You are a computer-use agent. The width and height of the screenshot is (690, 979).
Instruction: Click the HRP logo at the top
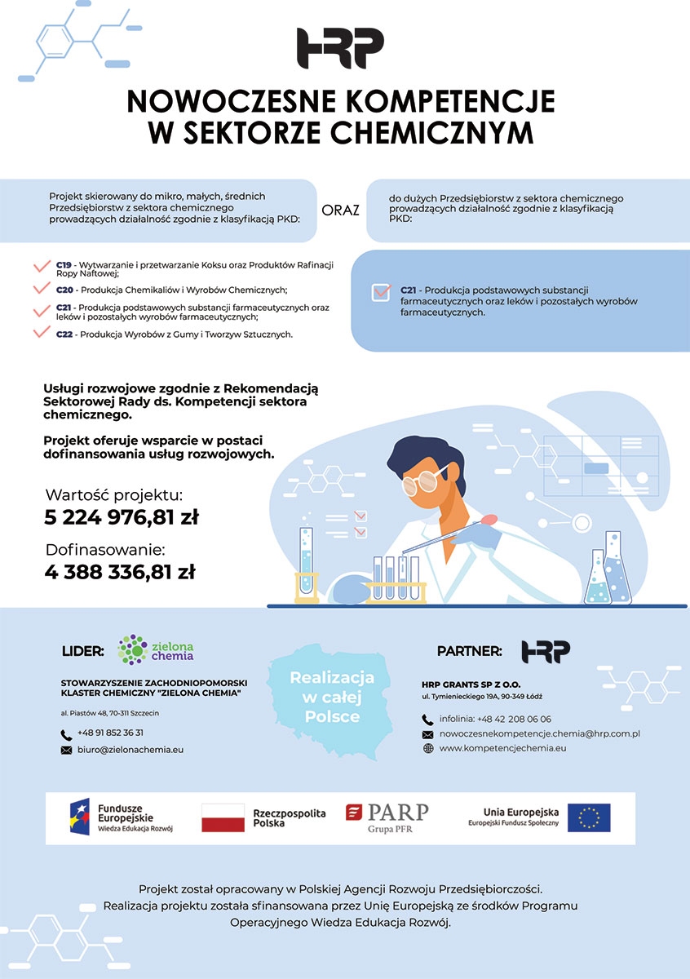[340, 48]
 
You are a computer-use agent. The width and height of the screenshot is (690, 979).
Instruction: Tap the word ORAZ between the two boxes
[341, 210]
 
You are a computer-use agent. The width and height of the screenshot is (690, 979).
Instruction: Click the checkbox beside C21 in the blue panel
[380, 292]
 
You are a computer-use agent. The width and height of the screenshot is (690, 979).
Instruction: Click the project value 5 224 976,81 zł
[122, 517]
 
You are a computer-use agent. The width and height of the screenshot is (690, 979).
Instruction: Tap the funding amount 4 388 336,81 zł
[120, 572]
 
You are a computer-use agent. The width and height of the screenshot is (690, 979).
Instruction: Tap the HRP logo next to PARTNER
[546, 651]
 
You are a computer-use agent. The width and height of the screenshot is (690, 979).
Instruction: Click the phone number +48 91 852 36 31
[110, 733]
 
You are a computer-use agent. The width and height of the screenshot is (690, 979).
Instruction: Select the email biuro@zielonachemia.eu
[130, 750]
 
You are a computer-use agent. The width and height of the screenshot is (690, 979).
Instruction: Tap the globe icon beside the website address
[427, 748]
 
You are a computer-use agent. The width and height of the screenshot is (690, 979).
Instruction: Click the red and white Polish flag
[223, 817]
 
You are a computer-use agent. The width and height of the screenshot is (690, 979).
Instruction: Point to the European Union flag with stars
[589, 817]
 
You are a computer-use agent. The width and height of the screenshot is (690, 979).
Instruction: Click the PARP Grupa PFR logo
[387, 817]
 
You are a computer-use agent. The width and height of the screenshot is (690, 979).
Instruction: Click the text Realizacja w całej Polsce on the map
[332, 697]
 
